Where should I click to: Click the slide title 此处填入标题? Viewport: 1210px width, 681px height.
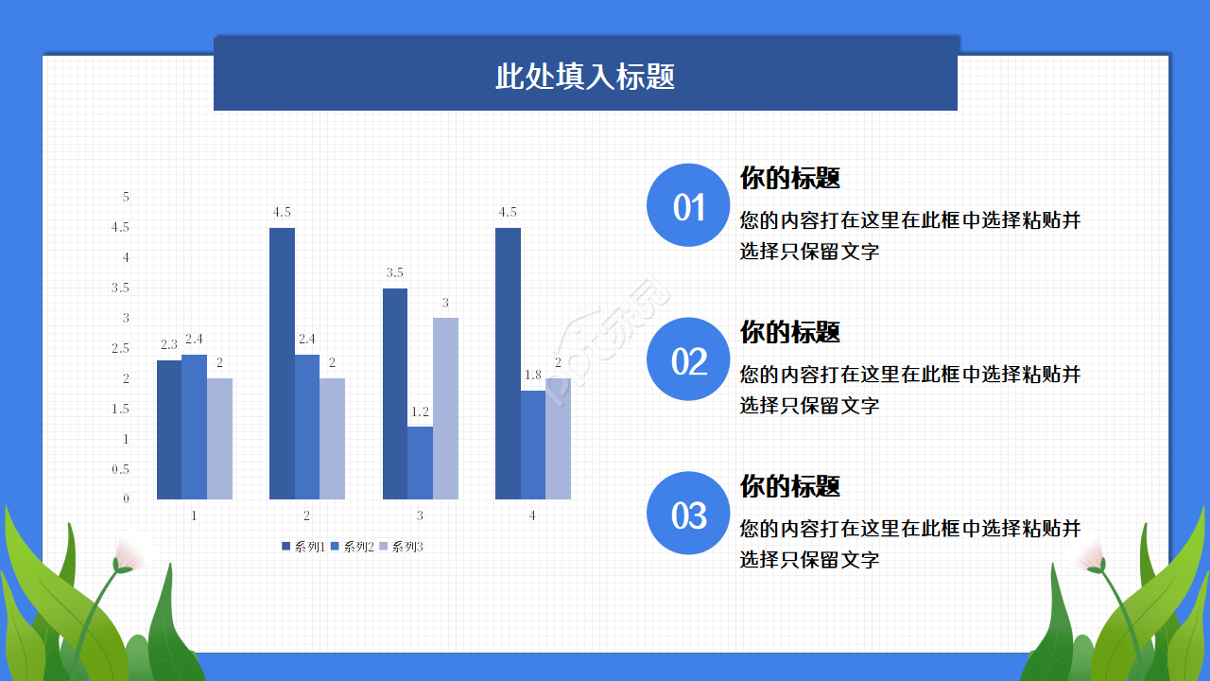[585, 77]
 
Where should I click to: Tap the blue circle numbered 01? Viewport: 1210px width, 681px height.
[688, 205]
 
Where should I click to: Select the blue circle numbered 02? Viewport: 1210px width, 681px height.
[688, 359]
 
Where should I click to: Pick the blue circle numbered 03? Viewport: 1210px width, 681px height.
[688, 514]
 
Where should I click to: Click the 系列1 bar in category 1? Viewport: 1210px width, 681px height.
[169, 429]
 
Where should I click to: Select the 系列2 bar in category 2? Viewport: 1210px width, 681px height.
[307, 427]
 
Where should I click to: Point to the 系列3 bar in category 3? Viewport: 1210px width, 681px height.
[445, 409]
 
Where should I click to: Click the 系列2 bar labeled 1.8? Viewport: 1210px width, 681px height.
[533, 445]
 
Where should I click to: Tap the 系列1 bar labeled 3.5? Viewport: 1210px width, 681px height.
[395, 393]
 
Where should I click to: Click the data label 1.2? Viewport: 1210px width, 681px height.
[420, 411]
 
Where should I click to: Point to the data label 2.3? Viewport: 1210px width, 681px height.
[169, 345]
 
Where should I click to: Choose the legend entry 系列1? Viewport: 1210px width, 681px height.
[303, 547]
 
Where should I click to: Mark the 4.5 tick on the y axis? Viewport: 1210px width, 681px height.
[120, 227]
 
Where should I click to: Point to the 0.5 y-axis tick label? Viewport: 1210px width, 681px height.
[120, 469]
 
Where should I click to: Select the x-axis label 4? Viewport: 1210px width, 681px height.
[533, 515]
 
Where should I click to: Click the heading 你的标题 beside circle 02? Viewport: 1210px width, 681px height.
[789, 332]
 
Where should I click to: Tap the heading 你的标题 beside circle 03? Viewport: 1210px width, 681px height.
[789, 486]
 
